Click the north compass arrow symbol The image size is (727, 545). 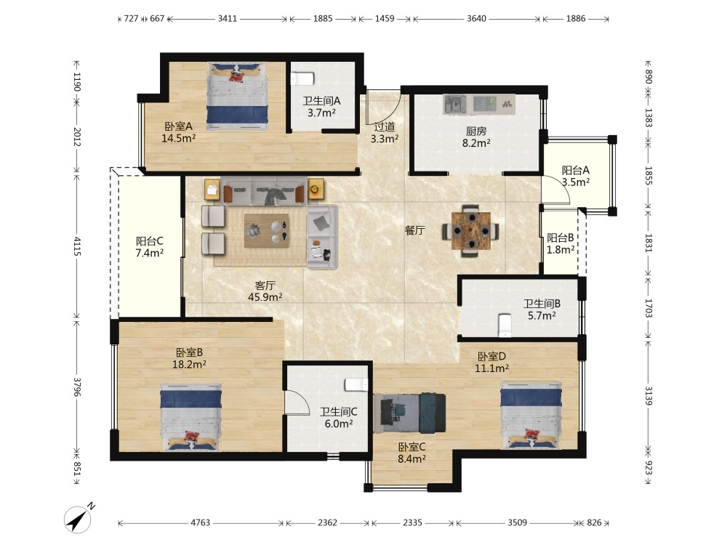click(x=79, y=518)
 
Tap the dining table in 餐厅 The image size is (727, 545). click(x=471, y=230)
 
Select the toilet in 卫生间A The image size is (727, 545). click(x=302, y=78)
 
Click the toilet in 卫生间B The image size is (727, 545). click(x=504, y=326)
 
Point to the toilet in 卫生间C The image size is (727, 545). click(x=356, y=384)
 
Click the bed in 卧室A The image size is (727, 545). click(x=238, y=96)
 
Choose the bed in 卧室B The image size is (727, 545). click(x=191, y=417)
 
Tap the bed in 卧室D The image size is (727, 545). click(x=531, y=415)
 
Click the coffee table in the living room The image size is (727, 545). click(x=267, y=230)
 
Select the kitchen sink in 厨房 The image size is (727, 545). click(x=455, y=105)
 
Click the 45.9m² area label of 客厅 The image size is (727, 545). click(x=265, y=297)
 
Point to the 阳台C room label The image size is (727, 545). click(x=149, y=241)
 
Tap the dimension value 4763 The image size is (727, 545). click(x=201, y=522)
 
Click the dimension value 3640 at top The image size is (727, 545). click(x=476, y=19)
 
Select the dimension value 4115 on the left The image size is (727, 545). click(x=77, y=246)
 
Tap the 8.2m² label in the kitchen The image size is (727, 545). click(x=476, y=143)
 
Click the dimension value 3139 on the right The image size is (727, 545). click(x=648, y=396)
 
